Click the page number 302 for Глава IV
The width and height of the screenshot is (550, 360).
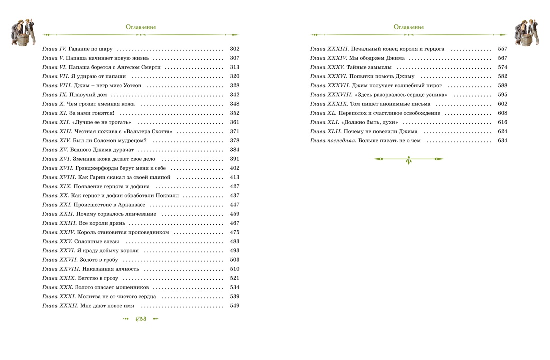[x=235, y=49]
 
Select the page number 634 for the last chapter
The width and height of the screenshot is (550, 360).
[x=502, y=141]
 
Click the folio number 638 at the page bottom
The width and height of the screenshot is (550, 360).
[x=141, y=319]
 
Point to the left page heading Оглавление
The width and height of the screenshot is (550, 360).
[x=141, y=27]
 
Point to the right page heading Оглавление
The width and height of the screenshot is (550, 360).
[x=408, y=27]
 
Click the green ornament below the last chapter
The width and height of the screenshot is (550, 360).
[x=408, y=159]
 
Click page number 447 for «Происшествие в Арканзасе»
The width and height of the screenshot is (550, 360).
[x=235, y=205]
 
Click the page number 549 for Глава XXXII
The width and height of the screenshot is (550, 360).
[x=235, y=306]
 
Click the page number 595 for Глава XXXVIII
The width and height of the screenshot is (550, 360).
[x=502, y=95]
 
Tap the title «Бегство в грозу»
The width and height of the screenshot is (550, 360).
[x=97, y=278]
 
